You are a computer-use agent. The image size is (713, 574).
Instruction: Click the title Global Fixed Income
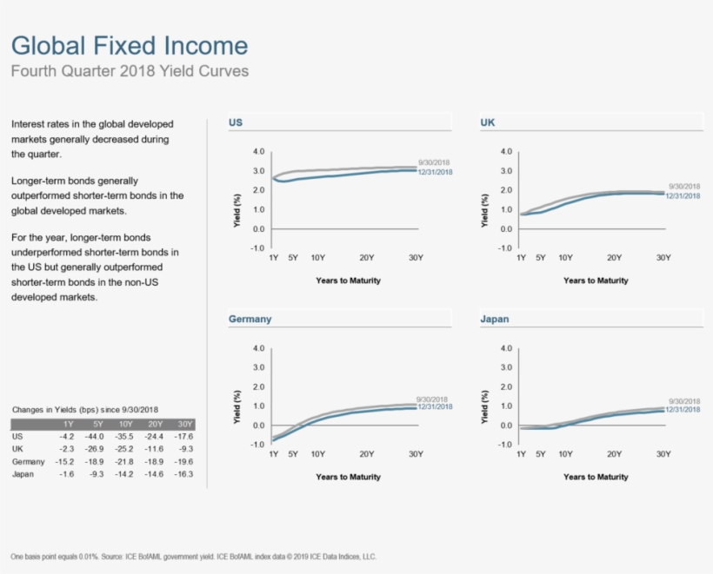point(129,46)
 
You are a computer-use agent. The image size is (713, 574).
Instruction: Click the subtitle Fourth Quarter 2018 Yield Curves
point(129,71)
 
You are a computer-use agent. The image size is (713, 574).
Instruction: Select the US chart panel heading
point(236,122)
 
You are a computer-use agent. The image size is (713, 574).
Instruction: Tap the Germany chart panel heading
point(250,319)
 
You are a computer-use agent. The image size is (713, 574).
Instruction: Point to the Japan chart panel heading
point(495,319)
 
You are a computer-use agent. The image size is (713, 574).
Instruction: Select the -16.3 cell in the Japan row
point(183,474)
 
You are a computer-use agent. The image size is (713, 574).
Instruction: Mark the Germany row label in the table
point(29,461)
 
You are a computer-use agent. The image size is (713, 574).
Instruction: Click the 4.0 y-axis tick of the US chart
point(258,151)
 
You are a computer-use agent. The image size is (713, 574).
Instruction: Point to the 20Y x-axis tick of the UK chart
point(614,258)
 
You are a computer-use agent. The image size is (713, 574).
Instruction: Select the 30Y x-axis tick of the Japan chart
point(663,454)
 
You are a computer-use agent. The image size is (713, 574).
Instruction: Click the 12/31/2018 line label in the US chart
point(436,172)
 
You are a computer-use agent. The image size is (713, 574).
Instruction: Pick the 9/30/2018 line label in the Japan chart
point(683,401)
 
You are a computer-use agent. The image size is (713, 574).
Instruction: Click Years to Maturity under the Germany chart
point(348,477)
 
